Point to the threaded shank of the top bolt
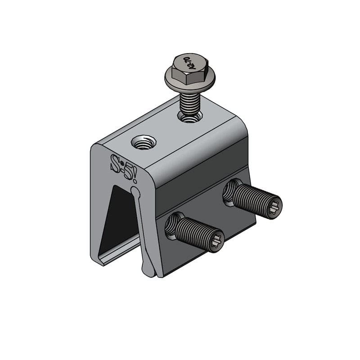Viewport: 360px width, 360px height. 189,102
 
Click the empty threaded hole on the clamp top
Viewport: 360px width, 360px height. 144,144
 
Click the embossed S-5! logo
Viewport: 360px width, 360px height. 124,167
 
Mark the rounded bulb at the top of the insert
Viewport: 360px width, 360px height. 135,192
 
